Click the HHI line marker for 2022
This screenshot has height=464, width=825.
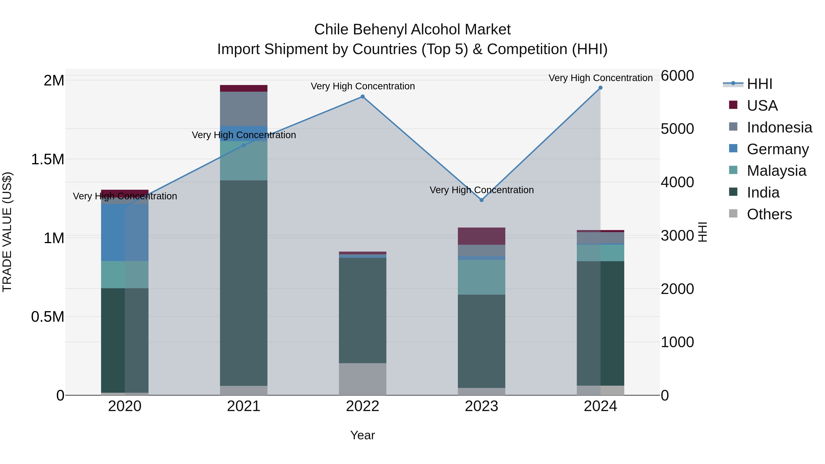(x=363, y=96)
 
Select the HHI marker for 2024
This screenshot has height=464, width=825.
(x=600, y=88)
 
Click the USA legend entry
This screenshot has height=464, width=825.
(x=762, y=106)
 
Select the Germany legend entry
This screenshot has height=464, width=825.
(x=777, y=149)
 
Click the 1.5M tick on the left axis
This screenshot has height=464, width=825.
(x=48, y=159)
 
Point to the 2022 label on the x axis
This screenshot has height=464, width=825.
(x=363, y=406)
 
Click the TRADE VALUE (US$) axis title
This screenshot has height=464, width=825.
(x=7, y=232)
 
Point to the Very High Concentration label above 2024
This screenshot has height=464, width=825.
(x=600, y=78)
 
